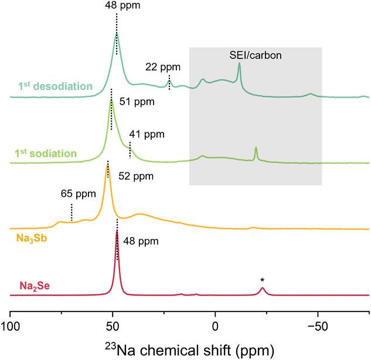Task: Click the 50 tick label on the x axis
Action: click(x=113, y=325)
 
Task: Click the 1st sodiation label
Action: click(x=47, y=154)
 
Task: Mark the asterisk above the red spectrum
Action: click(x=263, y=281)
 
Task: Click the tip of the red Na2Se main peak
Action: click(x=117, y=231)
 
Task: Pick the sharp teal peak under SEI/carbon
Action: click(x=239, y=63)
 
